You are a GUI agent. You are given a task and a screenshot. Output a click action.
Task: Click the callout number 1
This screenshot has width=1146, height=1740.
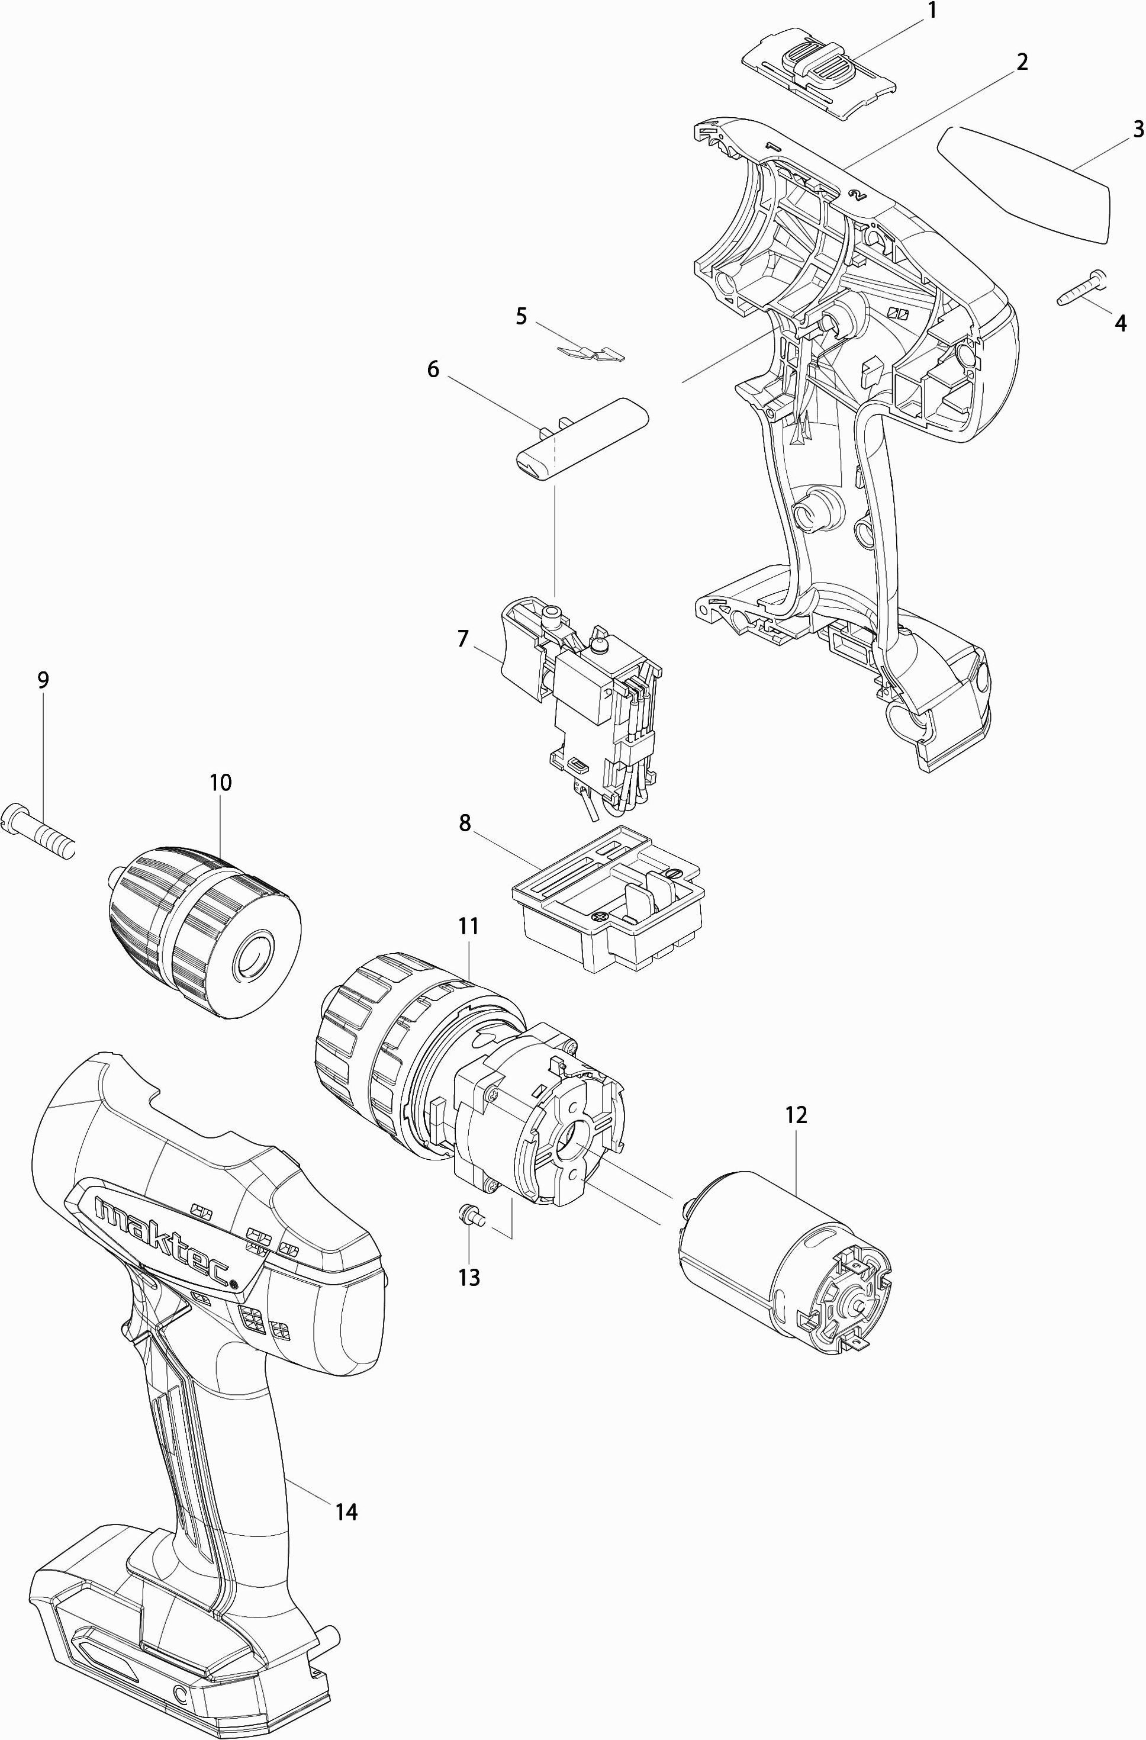tap(932, 12)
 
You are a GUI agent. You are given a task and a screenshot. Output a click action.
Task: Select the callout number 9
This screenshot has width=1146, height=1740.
tap(43, 681)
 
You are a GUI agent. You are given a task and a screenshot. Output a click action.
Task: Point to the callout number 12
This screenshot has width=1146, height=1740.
tap(796, 1115)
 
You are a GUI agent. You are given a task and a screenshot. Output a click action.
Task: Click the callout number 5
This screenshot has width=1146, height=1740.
tap(521, 317)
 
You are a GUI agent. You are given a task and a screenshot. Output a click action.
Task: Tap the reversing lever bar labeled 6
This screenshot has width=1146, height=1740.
tap(582, 439)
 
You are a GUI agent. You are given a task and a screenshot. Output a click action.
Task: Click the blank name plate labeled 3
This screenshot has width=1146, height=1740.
tap(1023, 183)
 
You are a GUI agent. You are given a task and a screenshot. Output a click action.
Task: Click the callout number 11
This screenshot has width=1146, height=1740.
tap(468, 927)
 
